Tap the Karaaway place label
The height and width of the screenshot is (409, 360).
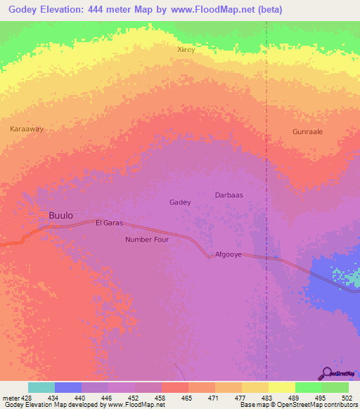coord(27,129)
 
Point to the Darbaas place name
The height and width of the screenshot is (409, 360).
coord(229,195)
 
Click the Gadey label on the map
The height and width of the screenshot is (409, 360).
coord(180,202)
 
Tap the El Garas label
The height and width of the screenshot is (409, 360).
coord(109,223)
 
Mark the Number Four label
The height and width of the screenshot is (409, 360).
coord(147,240)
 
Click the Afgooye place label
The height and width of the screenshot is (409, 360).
coord(229,254)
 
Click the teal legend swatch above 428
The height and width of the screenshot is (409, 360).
coord(41,387)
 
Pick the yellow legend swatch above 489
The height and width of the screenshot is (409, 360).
coord(281,387)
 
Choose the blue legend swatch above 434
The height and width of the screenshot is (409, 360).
coord(68,387)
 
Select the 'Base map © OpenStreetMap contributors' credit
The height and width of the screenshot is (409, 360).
coord(297,405)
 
